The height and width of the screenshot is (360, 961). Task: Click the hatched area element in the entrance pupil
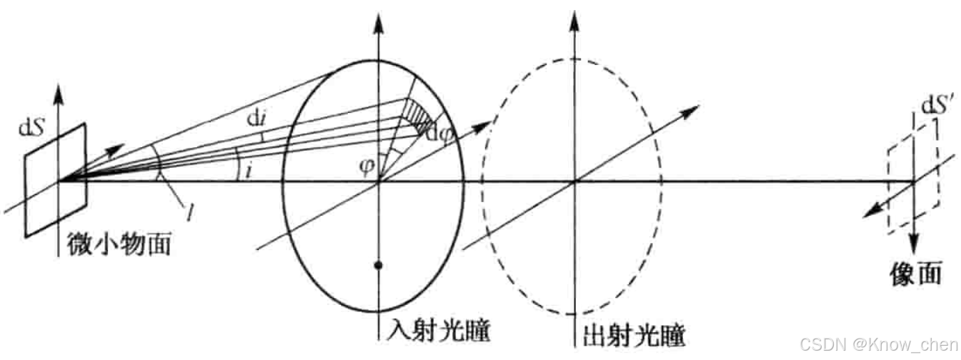pos(417,114)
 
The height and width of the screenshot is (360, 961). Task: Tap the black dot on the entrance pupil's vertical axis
pos(379,266)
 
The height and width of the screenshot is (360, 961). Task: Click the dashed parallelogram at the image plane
pos(914,182)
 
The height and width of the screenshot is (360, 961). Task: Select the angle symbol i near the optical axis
pos(248,171)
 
